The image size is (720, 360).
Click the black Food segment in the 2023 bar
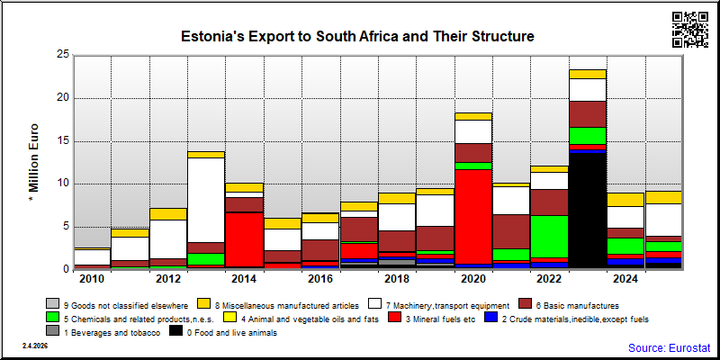coord(588,211)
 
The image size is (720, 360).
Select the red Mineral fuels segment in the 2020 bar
coord(473,217)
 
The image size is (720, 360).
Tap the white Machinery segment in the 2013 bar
coord(206,200)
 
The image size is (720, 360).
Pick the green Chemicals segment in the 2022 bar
coord(549,237)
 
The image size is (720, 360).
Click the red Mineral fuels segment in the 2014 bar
coord(244,239)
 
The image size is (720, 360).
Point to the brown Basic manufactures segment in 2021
coord(511,232)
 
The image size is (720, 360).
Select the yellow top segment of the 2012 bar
coord(167,214)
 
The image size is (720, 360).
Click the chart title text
coord(357,36)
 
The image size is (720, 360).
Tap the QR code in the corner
coord(690,30)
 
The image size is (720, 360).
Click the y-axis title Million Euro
coord(34,163)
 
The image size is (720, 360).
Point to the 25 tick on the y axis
coord(64,55)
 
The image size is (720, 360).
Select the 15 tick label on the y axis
coord(64,141)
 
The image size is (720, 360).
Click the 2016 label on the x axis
coord(320,280)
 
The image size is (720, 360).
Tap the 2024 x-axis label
coord(625,280)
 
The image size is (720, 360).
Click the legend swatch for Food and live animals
coord(175,331)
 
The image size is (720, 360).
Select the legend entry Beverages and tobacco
coord(103,333)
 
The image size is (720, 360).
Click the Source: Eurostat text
coord(669,347)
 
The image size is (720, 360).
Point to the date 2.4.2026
coord(35,346)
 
